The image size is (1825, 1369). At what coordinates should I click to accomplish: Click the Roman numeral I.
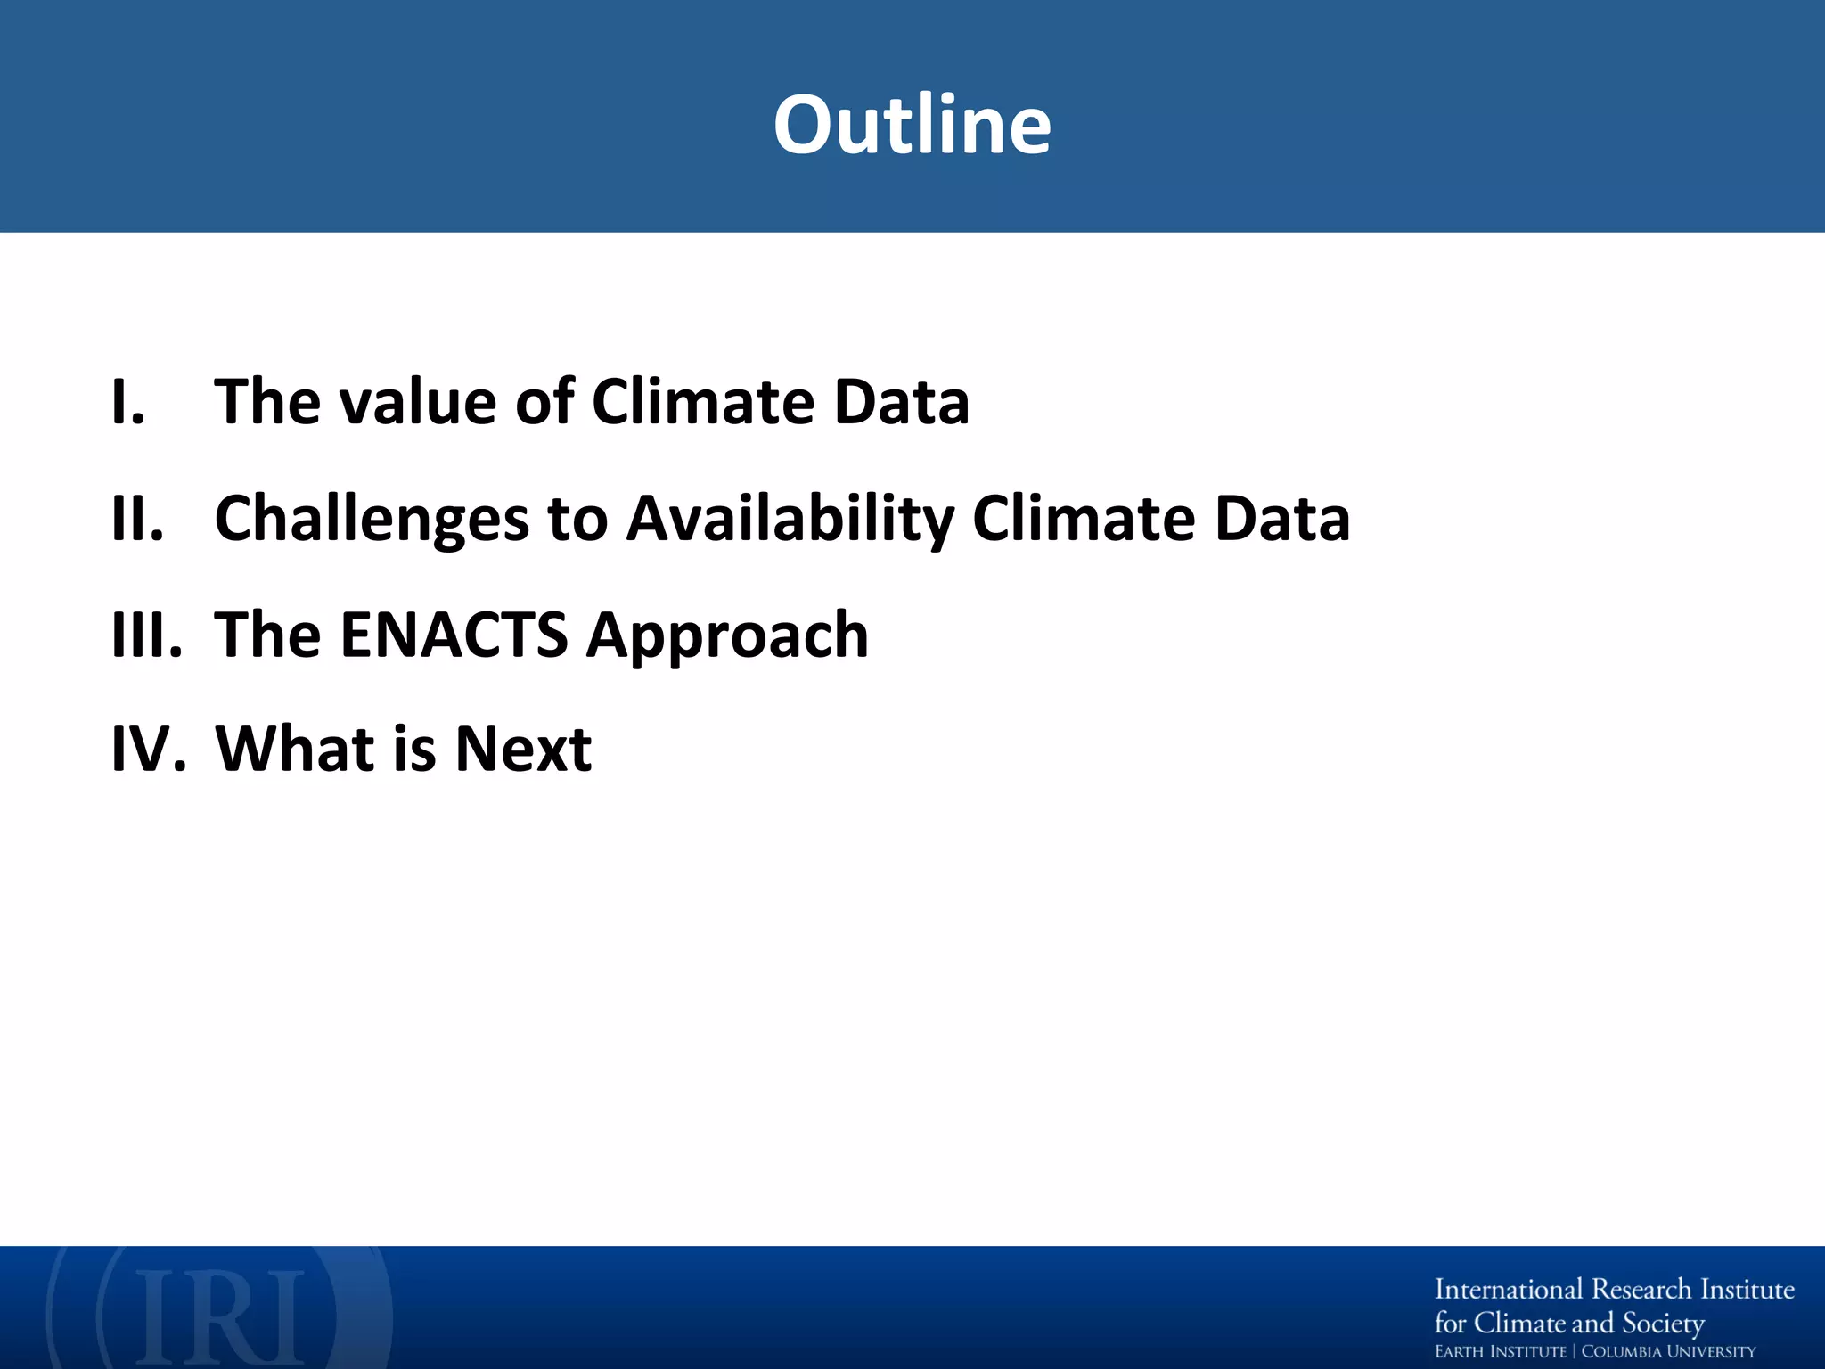[127, 402]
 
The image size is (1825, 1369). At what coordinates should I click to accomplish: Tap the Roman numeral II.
[137, 519]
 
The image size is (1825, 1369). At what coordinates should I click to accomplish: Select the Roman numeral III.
[146, 635]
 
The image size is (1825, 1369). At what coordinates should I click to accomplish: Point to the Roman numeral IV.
[148, 749]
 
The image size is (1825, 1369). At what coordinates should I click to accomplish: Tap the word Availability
[789, 519]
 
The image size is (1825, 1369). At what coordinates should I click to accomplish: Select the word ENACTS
[454, 635]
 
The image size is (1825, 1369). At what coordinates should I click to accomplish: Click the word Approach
[727, 635]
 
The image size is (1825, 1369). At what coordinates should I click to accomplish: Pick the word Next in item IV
[523, 749]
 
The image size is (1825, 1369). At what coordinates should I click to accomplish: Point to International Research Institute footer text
[1614, 1290]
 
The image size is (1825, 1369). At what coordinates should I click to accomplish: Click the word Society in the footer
[1663, 1323]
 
